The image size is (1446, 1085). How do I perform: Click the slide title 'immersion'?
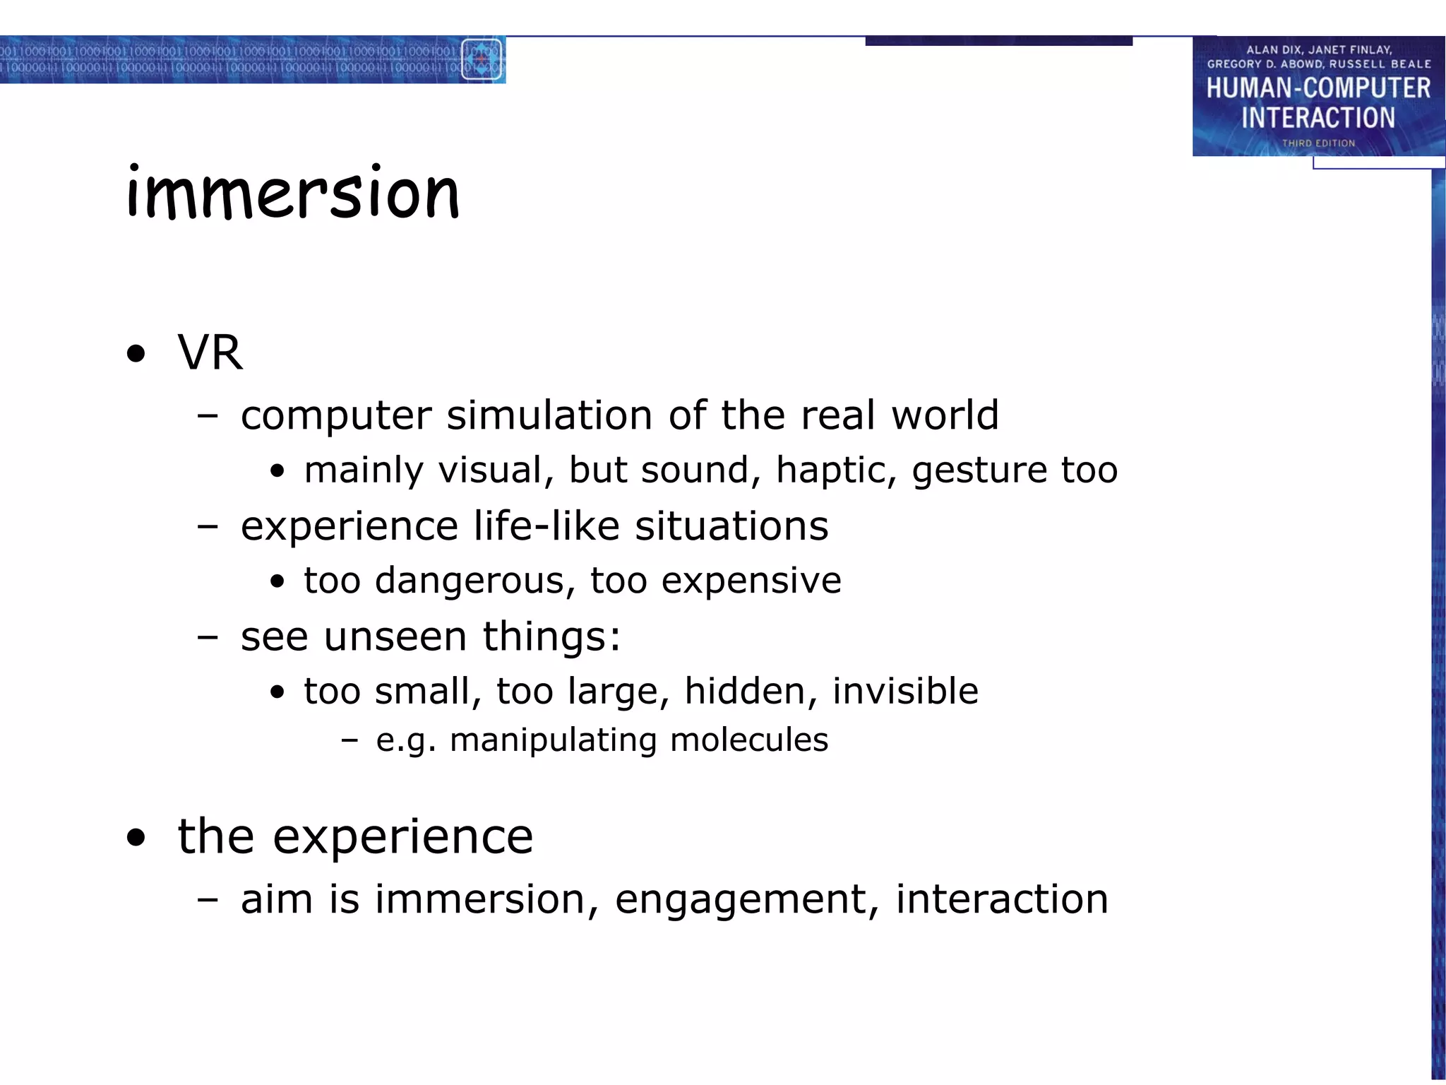(293, 192)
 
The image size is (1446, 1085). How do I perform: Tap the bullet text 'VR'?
(210, 352)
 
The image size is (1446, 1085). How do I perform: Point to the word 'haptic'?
(836, 470)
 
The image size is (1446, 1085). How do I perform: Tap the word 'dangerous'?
(474, 581)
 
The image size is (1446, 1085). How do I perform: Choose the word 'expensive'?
(751, 581)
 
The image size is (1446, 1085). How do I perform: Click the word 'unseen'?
(395, 636)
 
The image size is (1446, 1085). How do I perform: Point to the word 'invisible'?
(905, 691)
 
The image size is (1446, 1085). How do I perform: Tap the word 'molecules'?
(749, 740)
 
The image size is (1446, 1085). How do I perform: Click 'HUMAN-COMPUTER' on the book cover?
(1318, 88)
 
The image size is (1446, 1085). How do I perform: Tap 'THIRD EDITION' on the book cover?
(1318, 143)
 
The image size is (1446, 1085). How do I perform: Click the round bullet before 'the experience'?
(136, 838)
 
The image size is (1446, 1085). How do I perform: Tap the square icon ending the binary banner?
(482, 59)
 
